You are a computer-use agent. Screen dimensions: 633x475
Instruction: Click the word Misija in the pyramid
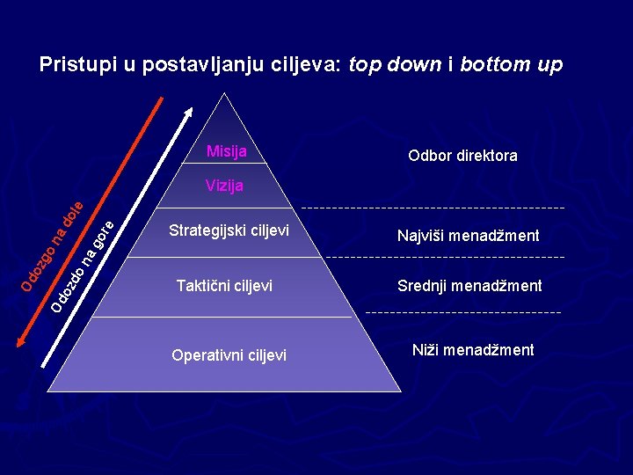[226, 151]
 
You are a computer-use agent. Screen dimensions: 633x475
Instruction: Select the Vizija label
[224, 186]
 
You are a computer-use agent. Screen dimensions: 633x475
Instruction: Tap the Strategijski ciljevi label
[229, 231]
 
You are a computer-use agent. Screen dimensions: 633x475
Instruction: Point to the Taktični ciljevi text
[224, 286]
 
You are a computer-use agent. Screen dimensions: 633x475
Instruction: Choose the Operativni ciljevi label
[229, 355]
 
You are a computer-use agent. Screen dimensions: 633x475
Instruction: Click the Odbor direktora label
[462, 156]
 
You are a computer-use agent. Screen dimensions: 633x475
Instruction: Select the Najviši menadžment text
[468, 236]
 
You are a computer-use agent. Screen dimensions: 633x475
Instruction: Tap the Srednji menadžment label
[469, 286]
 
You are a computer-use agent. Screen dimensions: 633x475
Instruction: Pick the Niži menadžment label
[473, 350]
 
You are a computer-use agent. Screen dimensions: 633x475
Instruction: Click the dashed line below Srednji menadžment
[462, 312]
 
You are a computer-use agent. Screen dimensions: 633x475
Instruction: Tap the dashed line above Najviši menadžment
[433, 208]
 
